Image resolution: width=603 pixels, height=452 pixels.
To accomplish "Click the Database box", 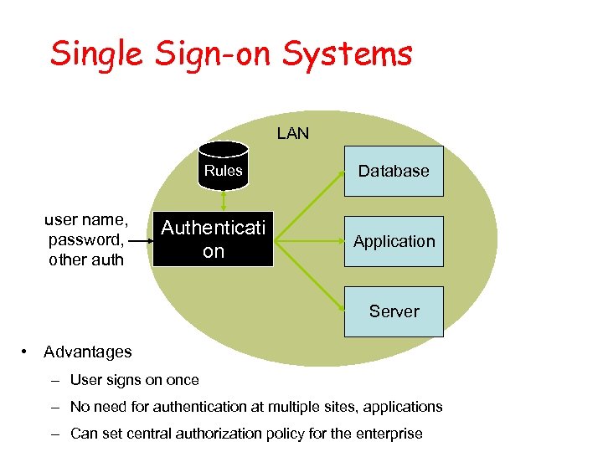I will point(394,171).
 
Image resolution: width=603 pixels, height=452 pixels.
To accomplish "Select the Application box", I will point(394,241).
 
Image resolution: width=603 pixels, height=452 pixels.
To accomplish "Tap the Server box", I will point(394,311).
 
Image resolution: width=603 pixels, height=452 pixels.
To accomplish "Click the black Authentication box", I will point(214,240).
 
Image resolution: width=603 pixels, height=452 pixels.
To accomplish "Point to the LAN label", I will point(292,133).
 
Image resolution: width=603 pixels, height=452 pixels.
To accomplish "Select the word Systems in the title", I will point(348,54).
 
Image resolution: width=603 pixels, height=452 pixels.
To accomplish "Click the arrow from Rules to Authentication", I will point(224,201).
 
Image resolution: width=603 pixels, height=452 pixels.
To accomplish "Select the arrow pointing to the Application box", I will point(310,241).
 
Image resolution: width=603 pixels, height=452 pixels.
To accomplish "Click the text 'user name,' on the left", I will point(86,220).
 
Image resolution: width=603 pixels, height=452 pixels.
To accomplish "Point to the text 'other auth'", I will point(86,259).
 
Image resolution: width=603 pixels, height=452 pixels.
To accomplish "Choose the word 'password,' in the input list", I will point(86,239).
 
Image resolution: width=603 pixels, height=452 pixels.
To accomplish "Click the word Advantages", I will point(88,352).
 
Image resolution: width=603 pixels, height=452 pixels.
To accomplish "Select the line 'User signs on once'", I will point(134,380).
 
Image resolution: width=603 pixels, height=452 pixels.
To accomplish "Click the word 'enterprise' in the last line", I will point(391,434).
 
